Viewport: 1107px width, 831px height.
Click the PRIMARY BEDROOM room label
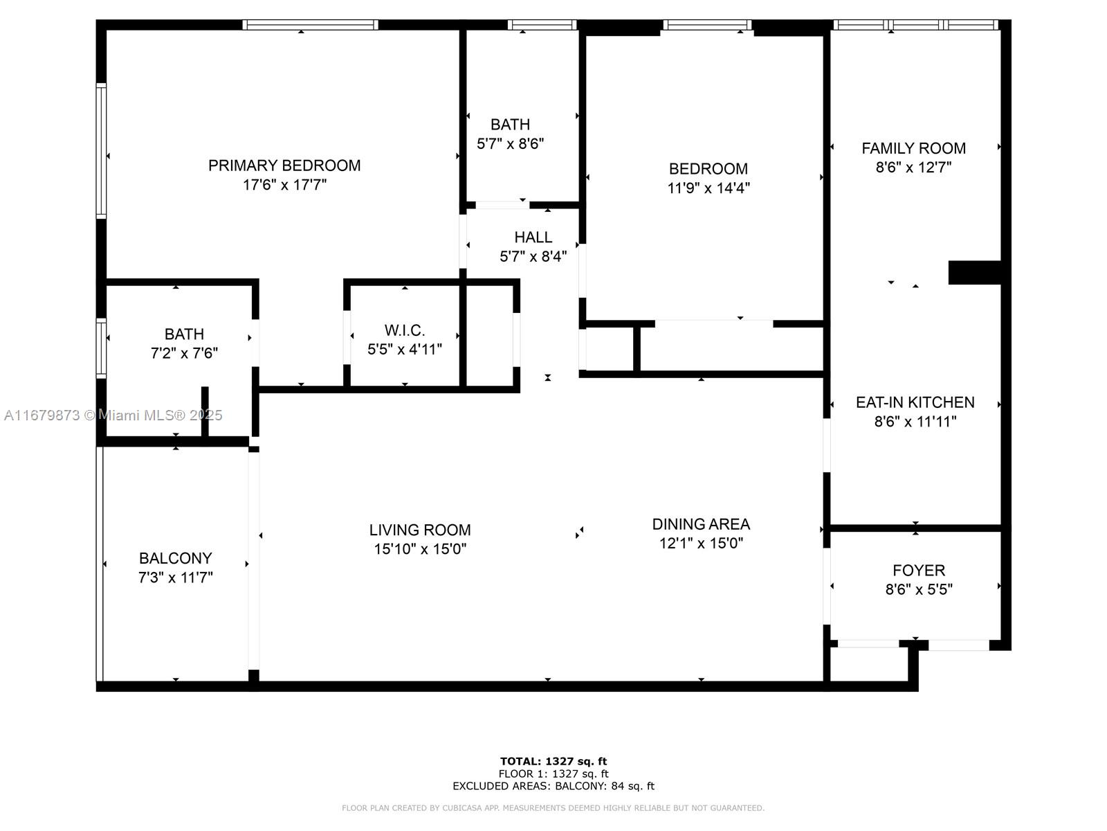[284, 166]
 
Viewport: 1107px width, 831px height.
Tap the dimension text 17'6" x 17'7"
[284, 185]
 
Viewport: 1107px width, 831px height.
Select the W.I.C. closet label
[405, 330]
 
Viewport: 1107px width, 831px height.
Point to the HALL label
[533, 238]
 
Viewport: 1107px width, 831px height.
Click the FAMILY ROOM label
[913, 148]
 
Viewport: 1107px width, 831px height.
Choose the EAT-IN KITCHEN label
[915, 402]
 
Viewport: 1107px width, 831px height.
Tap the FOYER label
[918, 571]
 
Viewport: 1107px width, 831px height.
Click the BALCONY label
[175, 558]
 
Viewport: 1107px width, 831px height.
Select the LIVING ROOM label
[420, 530]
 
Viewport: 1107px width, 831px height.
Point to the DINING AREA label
[701, 524]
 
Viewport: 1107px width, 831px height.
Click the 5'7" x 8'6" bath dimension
[511, 144]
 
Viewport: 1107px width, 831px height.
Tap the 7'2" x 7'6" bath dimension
[184, 353]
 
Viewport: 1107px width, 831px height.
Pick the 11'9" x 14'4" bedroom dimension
[708, 188]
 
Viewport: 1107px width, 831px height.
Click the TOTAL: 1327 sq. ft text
[553, 762]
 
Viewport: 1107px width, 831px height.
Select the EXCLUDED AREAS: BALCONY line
[553, 786]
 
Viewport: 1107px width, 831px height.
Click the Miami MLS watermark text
[113, 415]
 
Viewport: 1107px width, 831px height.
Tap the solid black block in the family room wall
[974, 272]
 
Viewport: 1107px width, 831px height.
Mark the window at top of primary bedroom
[310, 25]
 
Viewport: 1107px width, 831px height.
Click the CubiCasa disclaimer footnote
[553, 808]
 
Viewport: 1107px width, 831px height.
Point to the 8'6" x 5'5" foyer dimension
[918, 590]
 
